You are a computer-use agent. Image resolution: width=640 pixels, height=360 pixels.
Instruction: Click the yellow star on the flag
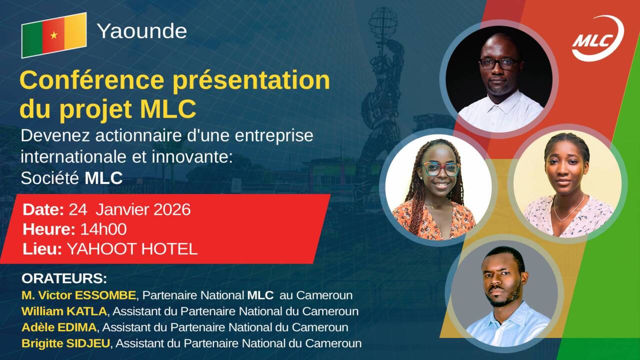tap(54, 35)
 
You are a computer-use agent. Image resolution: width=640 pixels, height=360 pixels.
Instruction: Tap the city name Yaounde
tap(141, 31)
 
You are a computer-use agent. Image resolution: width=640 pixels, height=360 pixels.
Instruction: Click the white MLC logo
tap(598, 38)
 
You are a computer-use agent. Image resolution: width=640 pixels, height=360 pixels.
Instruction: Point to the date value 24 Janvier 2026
tap(129, 209)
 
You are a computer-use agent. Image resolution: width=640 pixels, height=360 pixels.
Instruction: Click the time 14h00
tap(103, 229)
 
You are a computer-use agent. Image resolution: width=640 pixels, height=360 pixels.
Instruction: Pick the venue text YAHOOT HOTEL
tap(132, 249)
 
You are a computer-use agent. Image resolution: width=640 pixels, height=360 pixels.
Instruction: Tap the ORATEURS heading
tap(64, 278)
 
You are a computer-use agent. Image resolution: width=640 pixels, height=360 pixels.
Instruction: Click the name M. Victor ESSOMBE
tap(78, 295)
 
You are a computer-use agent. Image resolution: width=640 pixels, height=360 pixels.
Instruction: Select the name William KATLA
tap(64, 311)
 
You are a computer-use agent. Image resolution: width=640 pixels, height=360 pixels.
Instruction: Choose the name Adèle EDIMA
tap(59, 327)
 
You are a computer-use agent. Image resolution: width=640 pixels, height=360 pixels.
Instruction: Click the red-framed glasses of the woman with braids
tap(441, 169)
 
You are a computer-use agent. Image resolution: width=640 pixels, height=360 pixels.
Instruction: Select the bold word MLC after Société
tap(103, 178)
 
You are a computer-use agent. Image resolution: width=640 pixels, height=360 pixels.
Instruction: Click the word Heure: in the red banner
tap(49, 229)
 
